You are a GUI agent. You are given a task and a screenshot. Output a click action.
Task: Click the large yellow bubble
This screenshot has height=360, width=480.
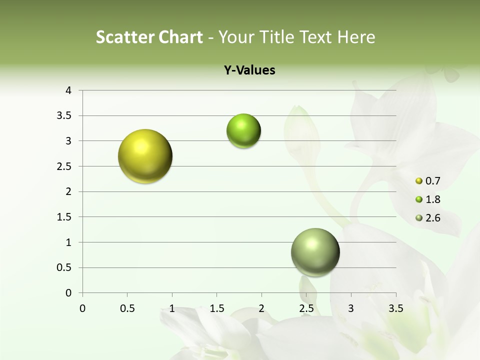coord(145,156)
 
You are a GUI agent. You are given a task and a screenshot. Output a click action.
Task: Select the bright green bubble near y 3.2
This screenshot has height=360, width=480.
coord(243,131)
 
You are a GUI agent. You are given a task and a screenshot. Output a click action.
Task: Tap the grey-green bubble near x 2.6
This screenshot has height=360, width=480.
coord(315,252)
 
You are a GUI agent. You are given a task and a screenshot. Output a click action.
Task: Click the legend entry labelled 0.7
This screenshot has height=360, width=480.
coord(427,181)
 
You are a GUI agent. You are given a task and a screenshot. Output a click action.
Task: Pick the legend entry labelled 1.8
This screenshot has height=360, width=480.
coord(427,199)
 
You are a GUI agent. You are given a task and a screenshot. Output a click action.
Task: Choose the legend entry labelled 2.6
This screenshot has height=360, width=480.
coord(427,218)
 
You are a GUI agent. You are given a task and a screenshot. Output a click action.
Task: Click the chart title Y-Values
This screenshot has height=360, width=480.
coord(249,70)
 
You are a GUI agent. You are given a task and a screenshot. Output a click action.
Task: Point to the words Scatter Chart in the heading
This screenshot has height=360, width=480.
coord(149,37)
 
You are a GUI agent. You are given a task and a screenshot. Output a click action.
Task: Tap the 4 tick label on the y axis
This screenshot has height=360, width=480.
coord(68,90)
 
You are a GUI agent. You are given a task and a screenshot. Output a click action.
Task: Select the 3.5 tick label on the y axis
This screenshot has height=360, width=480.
coord(64,116)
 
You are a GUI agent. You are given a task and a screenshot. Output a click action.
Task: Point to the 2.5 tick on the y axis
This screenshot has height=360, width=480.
coord(64,166)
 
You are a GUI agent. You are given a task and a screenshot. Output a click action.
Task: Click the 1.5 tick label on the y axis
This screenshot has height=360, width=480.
coord(64,217)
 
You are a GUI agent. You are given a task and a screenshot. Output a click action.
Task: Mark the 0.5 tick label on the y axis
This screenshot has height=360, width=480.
coord(64,268)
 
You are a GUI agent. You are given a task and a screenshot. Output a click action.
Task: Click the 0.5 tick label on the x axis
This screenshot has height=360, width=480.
coord(127,308)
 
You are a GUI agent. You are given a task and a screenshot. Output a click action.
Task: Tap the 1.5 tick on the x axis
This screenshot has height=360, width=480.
coord(217,308)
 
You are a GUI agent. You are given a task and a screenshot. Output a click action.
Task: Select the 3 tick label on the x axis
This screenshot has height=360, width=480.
coord(351,308)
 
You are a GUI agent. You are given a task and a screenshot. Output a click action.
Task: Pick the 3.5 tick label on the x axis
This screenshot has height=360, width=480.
coord(395,308)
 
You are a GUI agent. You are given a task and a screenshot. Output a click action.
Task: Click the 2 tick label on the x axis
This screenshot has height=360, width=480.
coord(261,308)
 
